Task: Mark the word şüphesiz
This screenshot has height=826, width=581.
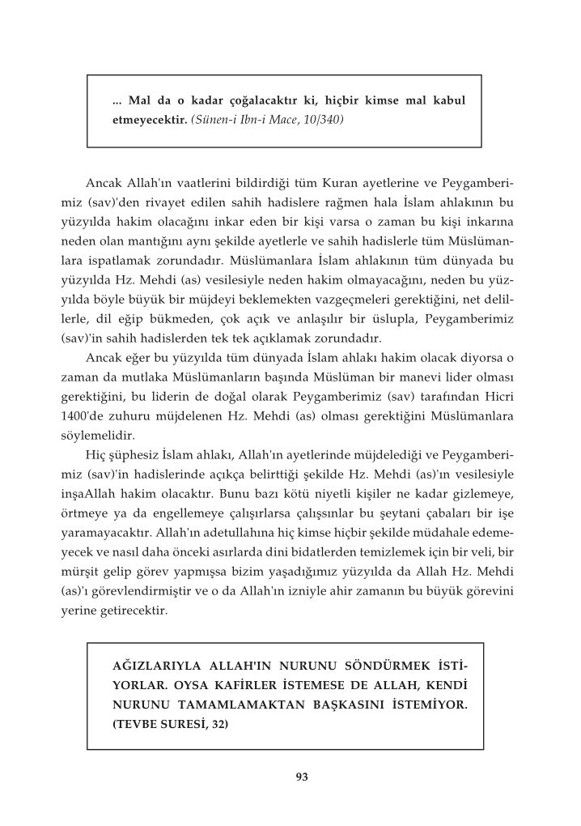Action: (x=138, y=455)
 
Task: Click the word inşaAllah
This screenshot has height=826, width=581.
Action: (x=95, y=493)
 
